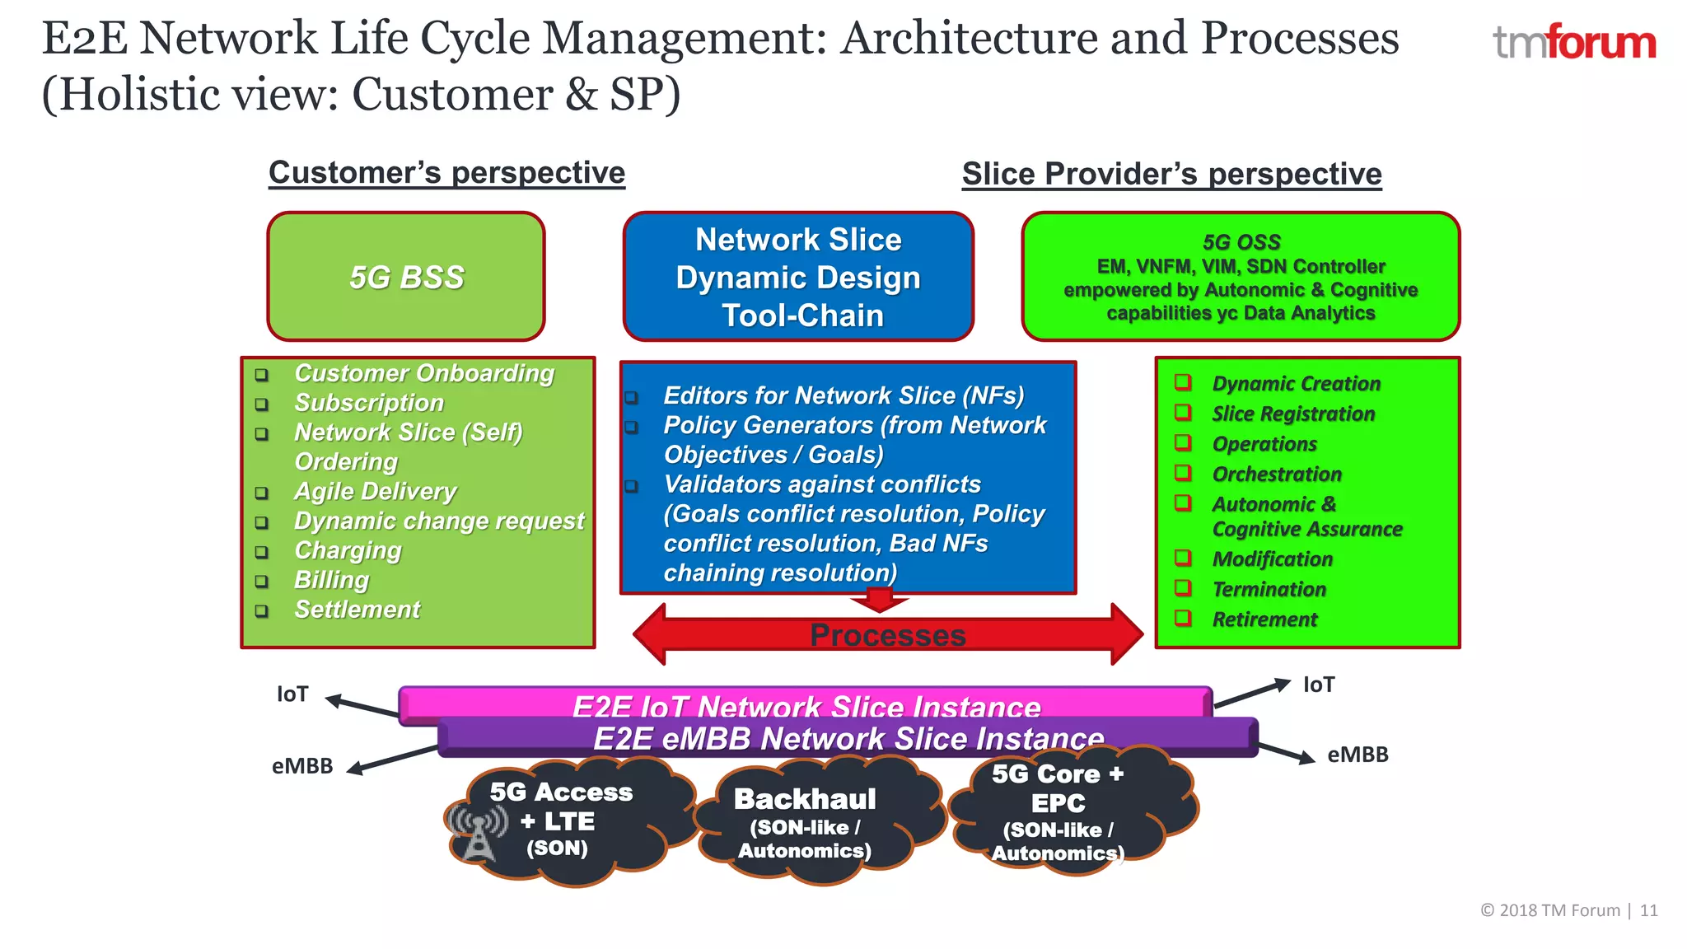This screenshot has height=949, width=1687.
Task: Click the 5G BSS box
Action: pos(406,277)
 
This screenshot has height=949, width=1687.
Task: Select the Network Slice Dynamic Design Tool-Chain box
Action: pos(798,277)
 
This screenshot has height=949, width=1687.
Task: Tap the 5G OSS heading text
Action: pos(1241,242)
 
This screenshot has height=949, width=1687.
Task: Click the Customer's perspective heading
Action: pos(446,173)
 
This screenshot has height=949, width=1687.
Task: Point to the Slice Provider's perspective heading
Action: pos(1171,175)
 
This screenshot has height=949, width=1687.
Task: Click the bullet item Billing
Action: pos(332,580)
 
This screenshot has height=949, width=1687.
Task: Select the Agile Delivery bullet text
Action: pos(375,492)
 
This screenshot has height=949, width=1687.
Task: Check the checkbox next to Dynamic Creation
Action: pos(1183,382)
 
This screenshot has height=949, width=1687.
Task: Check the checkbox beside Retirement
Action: pos(1183,618)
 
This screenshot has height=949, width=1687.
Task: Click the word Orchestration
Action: pos(1277,474)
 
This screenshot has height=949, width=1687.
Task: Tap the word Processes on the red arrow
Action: pos(887,635)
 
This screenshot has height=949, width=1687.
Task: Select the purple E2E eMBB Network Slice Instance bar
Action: pos(848,738)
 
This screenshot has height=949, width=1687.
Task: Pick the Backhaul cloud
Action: pos(805,821)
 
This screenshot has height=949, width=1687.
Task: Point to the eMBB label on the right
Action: pos(1358,755)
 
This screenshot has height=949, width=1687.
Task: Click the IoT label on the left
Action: pos(292,694)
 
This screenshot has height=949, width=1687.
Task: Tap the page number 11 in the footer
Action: pos(1648,910)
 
